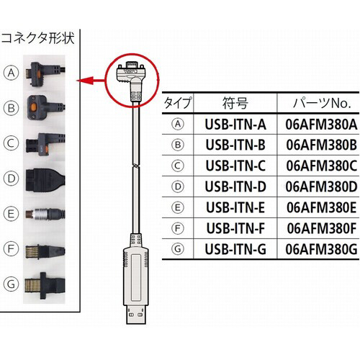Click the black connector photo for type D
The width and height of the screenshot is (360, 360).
pos(43,178)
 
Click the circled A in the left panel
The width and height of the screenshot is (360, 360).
pos(10,72)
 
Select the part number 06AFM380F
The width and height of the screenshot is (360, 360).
pos(321,230)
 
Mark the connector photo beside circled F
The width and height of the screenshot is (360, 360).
pos(40,251)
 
